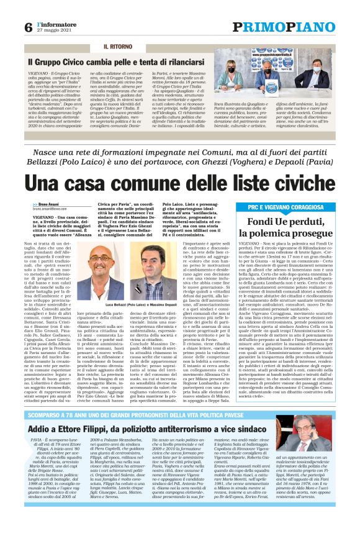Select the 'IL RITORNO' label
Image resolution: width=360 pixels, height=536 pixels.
(117, 47)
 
